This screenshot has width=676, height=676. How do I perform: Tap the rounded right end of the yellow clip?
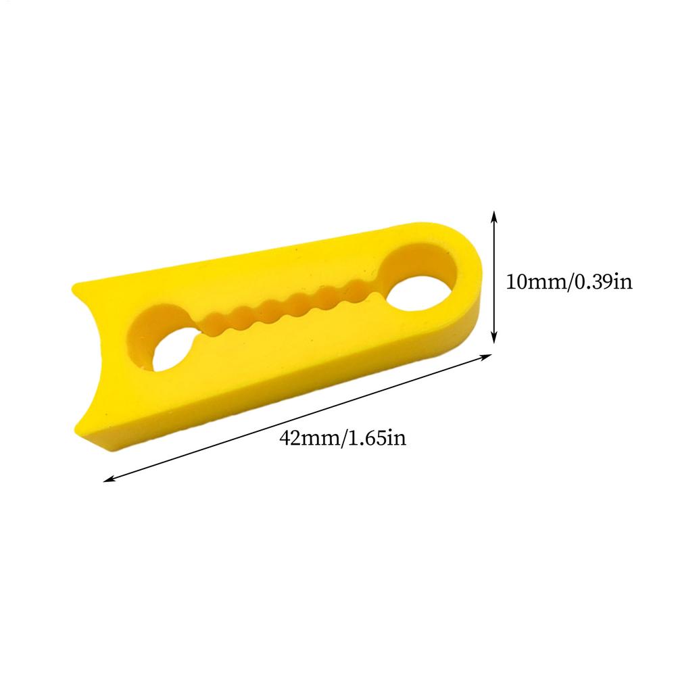473,284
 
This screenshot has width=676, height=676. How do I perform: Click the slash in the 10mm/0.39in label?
570,281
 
